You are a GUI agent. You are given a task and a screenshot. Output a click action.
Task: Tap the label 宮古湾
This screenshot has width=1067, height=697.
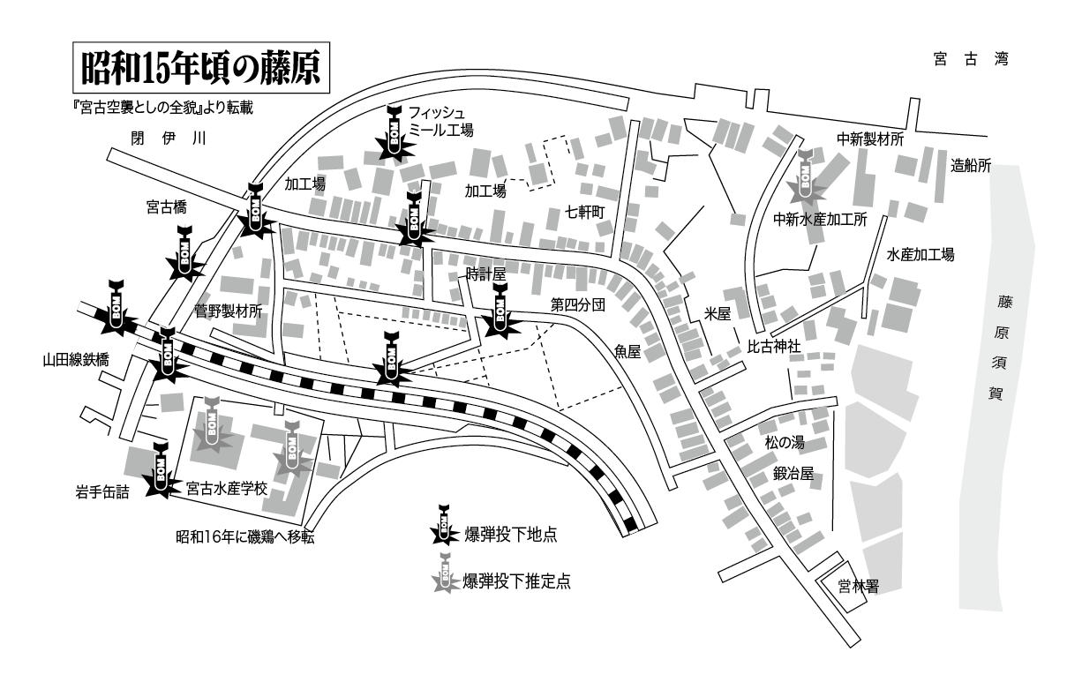point(971,60)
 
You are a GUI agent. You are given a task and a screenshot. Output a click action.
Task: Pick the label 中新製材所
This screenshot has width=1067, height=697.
point(871,139)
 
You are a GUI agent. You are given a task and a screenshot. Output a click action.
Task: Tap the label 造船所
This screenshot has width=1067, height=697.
point(971,165)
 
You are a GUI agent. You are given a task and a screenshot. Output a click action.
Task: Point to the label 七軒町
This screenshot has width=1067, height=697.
point(584,213)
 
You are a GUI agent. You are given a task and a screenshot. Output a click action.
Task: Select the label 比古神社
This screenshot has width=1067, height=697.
point(774,346)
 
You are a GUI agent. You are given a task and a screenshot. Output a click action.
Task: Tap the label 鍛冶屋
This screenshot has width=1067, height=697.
point(793,474)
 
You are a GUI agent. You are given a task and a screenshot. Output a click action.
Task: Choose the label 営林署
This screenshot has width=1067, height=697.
point(858,584)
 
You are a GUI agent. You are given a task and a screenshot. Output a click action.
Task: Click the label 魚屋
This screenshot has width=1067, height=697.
point(627,351)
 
